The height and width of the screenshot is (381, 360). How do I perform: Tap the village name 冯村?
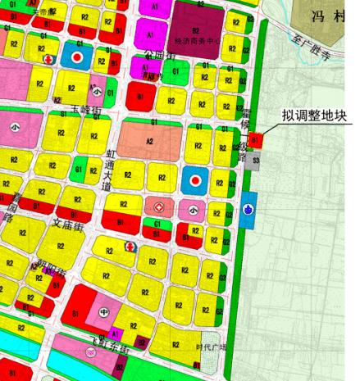coord(326,13)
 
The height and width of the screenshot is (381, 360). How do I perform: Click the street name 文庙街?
coord(68,223)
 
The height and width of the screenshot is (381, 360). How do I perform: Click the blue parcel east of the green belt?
coord(248,210)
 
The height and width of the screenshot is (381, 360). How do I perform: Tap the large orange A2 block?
coord(148,140)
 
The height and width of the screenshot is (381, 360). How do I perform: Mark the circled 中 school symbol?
coord(103,311)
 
